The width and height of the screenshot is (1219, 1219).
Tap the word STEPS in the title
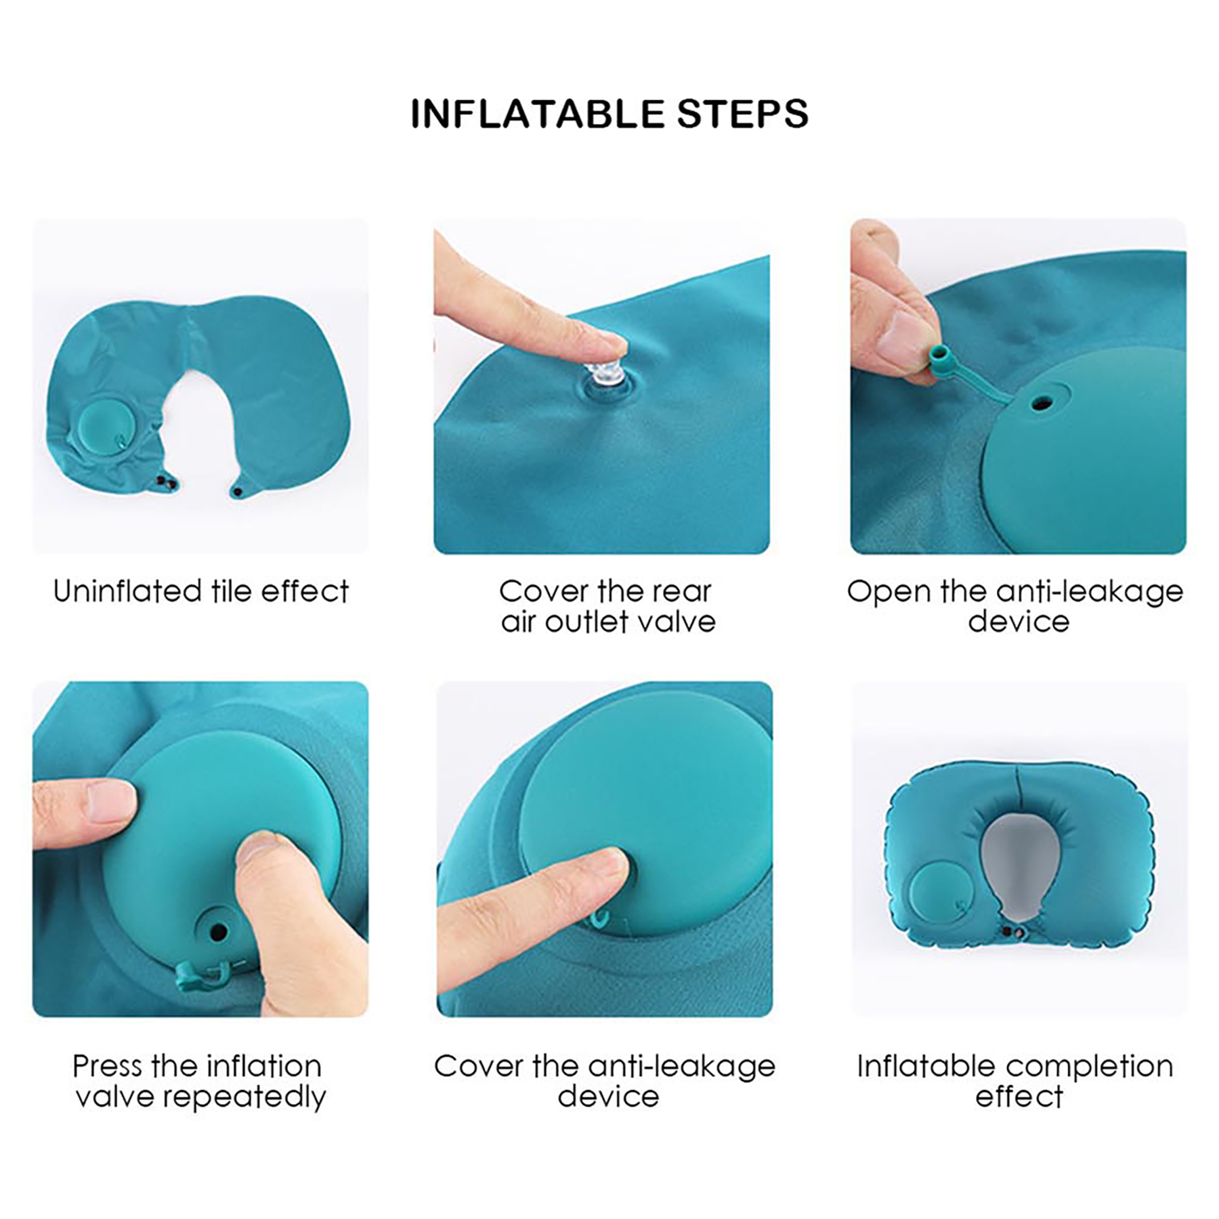point(742,114)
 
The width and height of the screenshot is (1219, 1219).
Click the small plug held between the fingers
point(939,354)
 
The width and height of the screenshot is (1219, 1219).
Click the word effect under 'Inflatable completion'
point(1019,1096)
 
